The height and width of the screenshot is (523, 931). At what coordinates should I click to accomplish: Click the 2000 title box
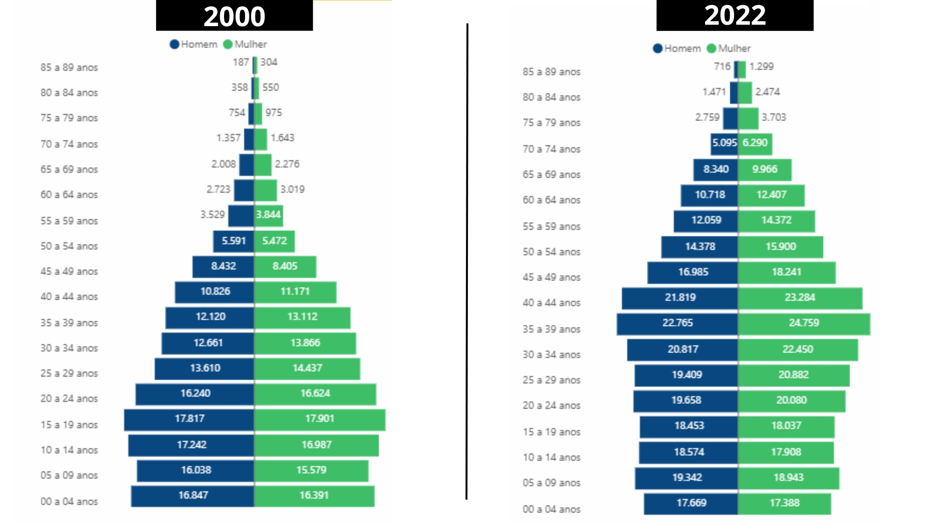tap(234, 15)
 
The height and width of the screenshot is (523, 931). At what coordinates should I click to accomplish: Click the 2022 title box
tap(735, 15)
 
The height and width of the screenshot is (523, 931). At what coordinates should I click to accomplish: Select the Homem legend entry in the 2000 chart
tap(193, 44)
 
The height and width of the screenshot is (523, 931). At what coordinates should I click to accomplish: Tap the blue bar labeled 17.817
tap(189, 419)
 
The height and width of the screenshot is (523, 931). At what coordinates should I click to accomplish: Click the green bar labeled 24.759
tap(804, 324)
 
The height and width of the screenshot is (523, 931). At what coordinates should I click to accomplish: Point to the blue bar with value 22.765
tap(677, 324)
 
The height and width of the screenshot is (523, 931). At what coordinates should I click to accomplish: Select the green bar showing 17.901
tap(320, 419)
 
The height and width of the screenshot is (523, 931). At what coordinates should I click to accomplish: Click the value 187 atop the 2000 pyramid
tap(241, 62)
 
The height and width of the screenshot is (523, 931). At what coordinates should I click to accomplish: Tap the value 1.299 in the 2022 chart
tap(761, 66)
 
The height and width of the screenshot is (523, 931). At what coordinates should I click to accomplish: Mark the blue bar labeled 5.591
tap(233, 241)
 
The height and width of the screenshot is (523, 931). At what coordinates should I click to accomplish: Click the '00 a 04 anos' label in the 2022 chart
tap(551, 509)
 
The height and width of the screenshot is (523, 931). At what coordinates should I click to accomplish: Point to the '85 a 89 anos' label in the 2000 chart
tap(69, 67)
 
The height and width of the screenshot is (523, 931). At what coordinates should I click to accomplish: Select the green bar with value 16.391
tap(314, 496)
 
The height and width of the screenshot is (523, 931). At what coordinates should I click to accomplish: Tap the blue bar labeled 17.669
tap(691, 504)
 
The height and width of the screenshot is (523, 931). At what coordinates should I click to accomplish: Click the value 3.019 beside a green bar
tap(292, 189)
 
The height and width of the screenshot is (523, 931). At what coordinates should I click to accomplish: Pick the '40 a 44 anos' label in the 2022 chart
tap(551, 303)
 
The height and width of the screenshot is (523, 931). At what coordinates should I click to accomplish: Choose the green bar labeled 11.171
tap(295, 292)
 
